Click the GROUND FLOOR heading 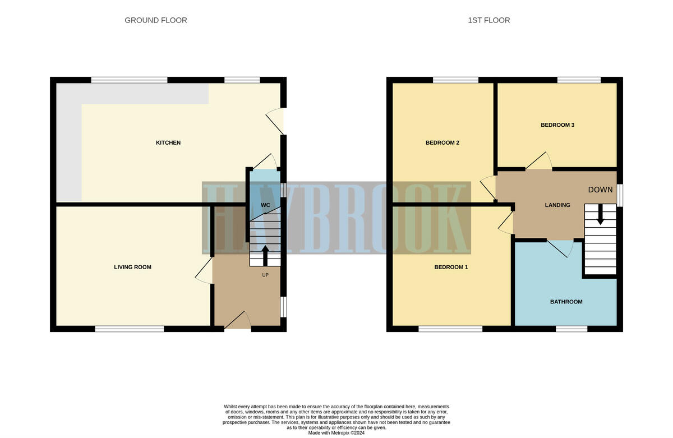pos(156,20)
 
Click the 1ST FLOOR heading pos(489,20)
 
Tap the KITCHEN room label pos(168,143)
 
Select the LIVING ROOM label pos(133,268)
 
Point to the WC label pos(265,205)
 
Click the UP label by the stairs pos(265,275)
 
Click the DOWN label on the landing pos(600,190)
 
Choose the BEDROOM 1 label pos(451,268)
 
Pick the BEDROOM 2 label pos(442,143)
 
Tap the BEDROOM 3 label pos(557,125)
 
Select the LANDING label pos(557,205)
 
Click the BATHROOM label pos(566,302)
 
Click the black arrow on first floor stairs pos(600,214)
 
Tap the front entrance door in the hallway pos(238,322)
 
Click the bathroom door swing pos(561,248)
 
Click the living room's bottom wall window pos(130,329)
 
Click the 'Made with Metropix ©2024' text pos(336,433)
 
